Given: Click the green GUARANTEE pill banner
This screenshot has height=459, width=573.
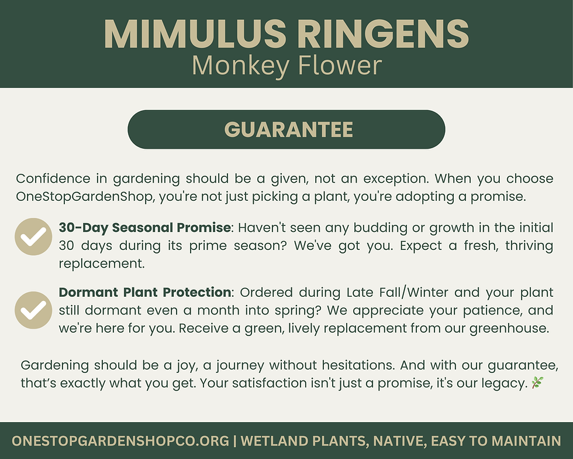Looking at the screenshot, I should [x=286, y=129].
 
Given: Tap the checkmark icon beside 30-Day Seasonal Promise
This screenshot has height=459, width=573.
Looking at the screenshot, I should [x=33, y=237].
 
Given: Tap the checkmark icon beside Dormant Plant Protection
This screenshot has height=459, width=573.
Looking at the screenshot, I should [x=33, y=310].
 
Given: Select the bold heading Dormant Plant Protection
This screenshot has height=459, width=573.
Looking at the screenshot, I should [x=145, y=292].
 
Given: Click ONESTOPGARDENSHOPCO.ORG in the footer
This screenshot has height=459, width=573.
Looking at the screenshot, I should [x=120, y=441].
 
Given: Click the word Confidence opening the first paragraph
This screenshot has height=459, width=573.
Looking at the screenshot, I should [x=53, y=179].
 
